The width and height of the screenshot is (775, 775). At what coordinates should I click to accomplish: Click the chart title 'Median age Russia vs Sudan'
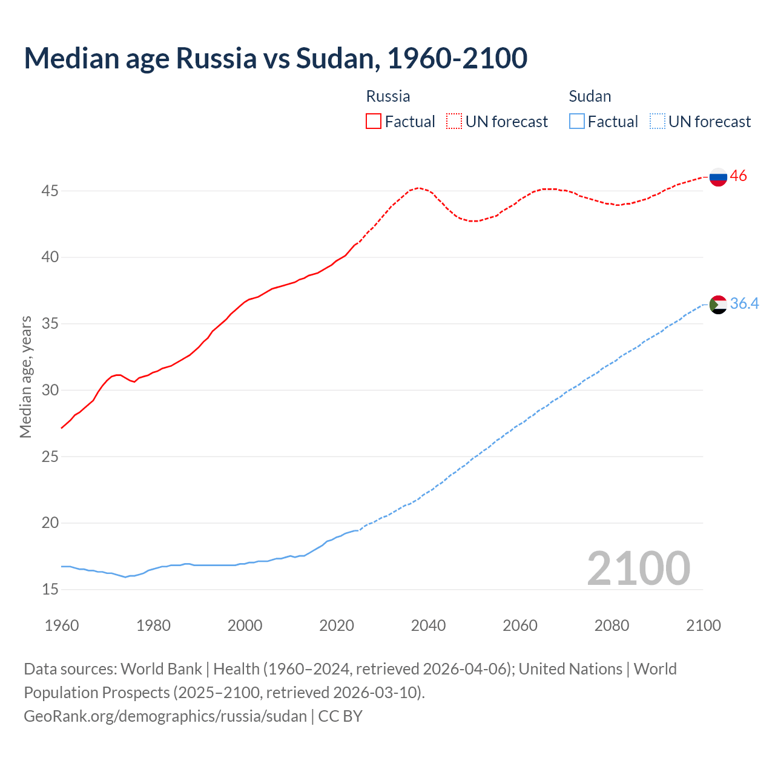click(275, 58)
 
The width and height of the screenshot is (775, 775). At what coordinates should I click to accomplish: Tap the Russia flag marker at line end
click(718, 177)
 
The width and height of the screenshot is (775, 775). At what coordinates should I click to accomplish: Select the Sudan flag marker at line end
click(718, 304)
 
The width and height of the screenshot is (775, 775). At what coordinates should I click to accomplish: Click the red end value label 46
click(738, 176)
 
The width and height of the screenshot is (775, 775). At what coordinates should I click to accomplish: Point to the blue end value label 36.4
click(744, 303)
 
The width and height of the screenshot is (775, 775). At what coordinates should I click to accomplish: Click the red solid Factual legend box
click(374, 121)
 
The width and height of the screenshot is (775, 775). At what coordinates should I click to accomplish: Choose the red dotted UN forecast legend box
click(454, 121)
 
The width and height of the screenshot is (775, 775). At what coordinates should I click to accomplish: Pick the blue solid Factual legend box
click(577, 121)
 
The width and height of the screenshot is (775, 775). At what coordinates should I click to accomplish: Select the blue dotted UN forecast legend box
click(657, 121)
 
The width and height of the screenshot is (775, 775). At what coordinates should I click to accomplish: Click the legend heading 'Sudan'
click(590, 96)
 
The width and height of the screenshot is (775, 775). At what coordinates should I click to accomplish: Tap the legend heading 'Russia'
click(388, 96)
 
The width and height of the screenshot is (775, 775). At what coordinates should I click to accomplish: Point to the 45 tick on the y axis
click(50, 191)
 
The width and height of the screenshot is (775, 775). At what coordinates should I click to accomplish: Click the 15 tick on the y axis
click(50, 589)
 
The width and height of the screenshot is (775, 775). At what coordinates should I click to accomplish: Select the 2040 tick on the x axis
click(428, 625)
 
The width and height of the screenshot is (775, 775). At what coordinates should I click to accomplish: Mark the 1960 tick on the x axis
click(62, 625)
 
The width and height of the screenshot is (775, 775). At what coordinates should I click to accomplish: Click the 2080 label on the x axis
click(612, 625)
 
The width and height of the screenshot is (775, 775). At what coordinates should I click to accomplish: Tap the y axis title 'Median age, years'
click(26, 377)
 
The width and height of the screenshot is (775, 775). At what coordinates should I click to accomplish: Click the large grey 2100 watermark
click(638, 568)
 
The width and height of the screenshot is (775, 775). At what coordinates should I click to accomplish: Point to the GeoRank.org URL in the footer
click(165, 716)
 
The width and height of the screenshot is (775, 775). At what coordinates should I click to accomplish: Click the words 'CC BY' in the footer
click(340, 716)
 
